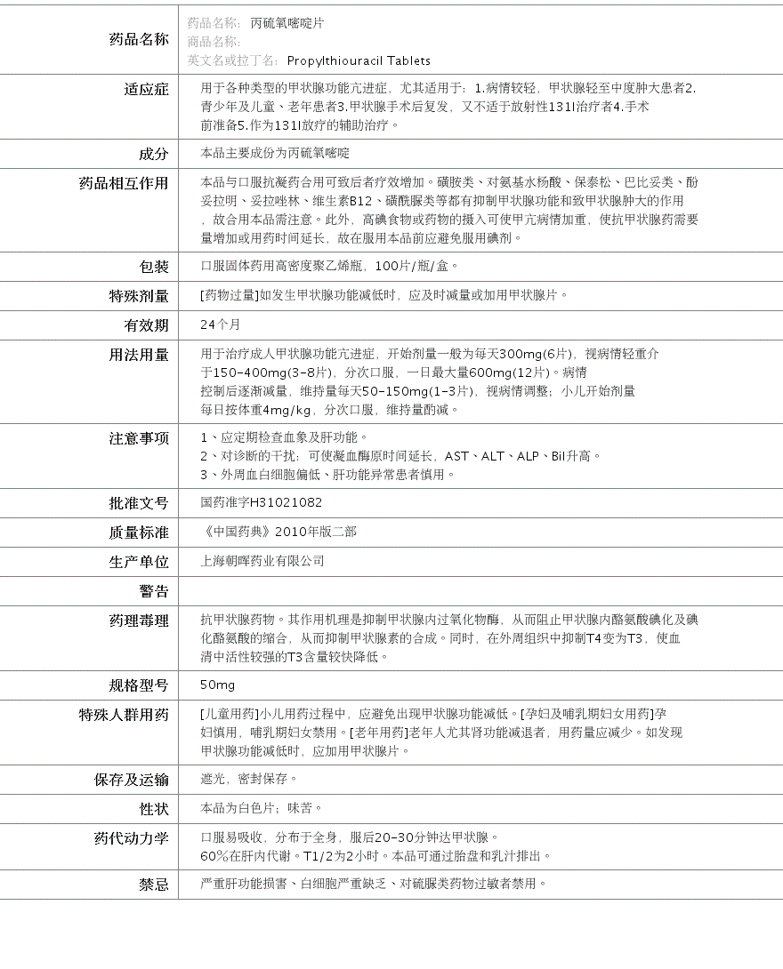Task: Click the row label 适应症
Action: [146, 89]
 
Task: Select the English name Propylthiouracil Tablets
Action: [359, 60]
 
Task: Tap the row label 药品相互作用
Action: [124, 183]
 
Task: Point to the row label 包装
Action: [153, 267]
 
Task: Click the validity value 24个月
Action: [221, 324]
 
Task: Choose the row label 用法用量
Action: [139, 355]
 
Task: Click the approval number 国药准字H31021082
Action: [262, 502]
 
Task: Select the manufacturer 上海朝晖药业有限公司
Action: [262, 561]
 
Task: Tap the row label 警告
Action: [153, 591]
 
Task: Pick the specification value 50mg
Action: [218, 685]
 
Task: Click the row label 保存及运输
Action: [132, 780]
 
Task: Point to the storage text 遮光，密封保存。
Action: [249, 779]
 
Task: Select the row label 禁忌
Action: [153, 885]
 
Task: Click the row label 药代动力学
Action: [132, 838]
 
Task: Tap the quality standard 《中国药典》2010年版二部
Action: [278, 532]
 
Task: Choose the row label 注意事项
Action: [139, 438]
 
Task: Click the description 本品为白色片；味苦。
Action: [262, 808]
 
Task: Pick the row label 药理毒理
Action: [139, 621]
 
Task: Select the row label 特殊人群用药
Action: [124, 715]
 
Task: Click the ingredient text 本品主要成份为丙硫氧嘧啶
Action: [275, 154]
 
